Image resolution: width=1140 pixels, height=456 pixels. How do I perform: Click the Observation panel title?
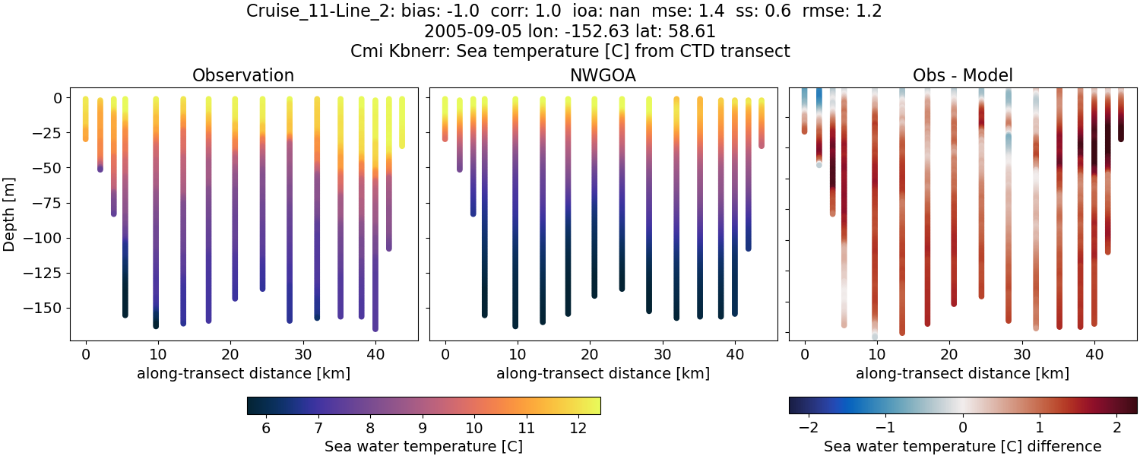pyautogui.click(x=243, y=75)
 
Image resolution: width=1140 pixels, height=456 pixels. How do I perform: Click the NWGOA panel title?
pyautogui.click(x=603, y=75)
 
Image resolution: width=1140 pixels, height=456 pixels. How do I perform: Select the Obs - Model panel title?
pyautogui.click(x=962, y=75)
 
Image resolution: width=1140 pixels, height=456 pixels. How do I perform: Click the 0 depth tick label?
pyautogui.click(x=58, y=98)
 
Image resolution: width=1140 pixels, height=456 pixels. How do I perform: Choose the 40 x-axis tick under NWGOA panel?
pyautogui.click(x=734, y=354)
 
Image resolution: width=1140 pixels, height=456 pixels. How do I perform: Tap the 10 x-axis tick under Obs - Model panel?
pyautogui.click(x=877, y=354)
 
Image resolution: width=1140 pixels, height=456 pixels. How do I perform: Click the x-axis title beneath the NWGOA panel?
pyautogui.click(x=603, y=373)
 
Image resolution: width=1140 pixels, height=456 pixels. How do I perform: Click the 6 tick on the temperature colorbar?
pyautogui.click(x=266, y=429)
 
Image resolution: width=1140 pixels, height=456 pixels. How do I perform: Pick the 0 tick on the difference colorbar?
pyautogui.click(x=963, y=429)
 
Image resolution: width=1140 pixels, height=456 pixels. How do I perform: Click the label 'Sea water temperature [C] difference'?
pyautogui.click(x=963, y=446)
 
